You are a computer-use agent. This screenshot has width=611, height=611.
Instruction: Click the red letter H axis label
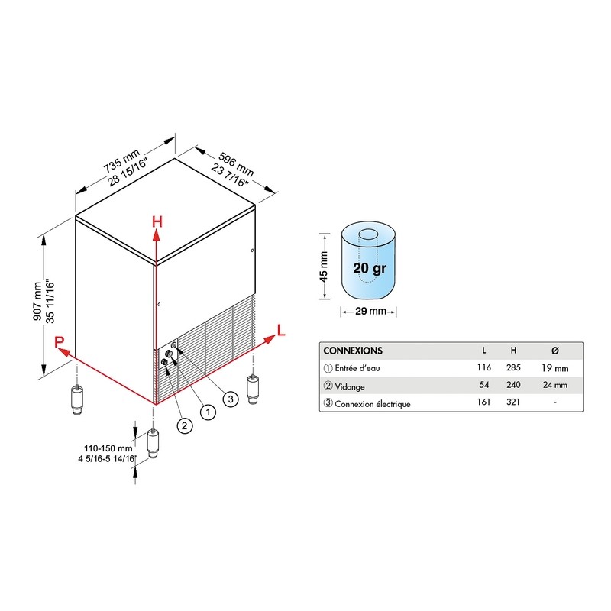157,221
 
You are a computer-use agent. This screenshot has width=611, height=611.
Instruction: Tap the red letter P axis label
59,341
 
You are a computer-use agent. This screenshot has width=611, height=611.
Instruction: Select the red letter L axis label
281,330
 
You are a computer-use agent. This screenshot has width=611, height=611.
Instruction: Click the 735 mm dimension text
121,160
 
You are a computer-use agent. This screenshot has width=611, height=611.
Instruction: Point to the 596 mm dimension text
236,163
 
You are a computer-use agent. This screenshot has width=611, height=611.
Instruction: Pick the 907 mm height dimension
37,301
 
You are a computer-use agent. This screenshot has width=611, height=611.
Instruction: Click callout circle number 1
208,412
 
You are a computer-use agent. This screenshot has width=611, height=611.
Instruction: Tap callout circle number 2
184,425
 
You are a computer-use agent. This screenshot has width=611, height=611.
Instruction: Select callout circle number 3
231,399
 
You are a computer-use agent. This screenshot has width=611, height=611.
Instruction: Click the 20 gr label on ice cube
370,268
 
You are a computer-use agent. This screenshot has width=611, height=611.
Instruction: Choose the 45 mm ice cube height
324,267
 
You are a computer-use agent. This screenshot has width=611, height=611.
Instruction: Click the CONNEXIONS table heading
353,351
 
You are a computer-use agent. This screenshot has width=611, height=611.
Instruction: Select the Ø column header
555,351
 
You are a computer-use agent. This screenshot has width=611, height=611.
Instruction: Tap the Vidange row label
350,386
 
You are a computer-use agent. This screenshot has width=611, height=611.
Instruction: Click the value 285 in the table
513,367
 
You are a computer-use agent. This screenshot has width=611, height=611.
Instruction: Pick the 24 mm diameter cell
555,385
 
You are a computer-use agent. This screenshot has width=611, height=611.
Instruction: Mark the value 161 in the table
483,402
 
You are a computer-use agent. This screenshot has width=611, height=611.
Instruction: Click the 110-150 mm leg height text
108,448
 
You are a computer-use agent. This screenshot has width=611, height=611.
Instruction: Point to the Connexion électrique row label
373,404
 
